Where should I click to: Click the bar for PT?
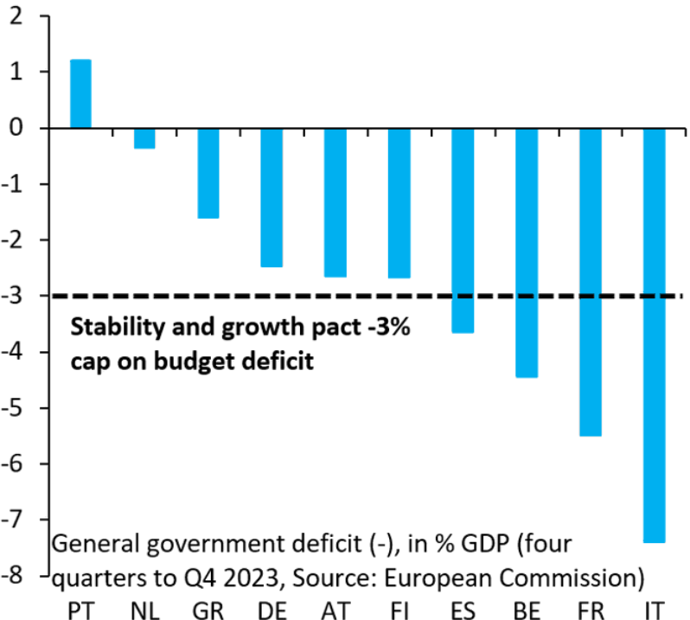80,93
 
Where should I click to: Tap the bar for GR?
208,173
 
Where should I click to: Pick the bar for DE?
272,197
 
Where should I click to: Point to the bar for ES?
463,230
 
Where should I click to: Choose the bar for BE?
527,252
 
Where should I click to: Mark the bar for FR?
591,282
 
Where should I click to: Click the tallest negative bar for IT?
655,336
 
